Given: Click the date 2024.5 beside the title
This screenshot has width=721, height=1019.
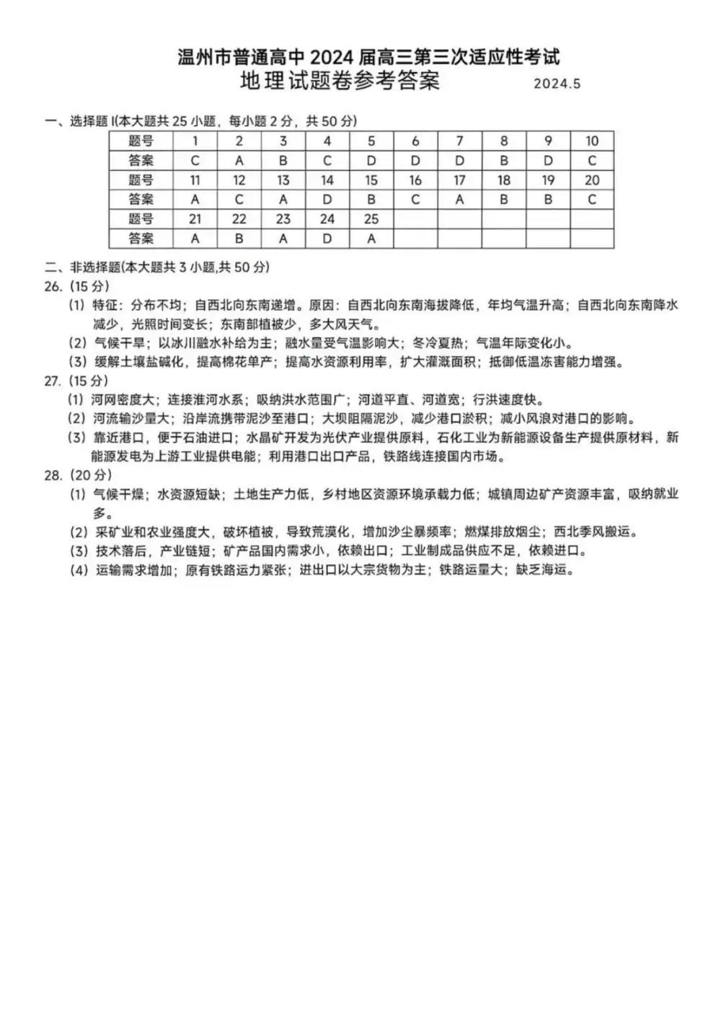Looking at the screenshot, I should (557, 84).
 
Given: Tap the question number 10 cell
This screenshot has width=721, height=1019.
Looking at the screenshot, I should (592, 141).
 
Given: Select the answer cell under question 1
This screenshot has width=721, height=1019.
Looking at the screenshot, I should (195, 161).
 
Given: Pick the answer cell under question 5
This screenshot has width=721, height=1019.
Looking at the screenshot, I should (371, 161).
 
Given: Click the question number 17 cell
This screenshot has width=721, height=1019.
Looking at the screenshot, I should (460, 180).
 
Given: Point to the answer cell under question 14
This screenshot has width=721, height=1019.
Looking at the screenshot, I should (327, 200).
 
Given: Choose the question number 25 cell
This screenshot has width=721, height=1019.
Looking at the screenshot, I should (371, 219).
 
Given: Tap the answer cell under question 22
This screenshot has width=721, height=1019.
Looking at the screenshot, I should (239, 239).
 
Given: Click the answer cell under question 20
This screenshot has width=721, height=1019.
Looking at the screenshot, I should (592, 200).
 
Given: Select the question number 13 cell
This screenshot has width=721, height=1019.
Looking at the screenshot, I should (283, 180).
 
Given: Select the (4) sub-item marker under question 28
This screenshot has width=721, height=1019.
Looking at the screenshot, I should (78, 570).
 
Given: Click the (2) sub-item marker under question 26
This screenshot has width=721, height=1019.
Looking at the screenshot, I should (78, 343).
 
